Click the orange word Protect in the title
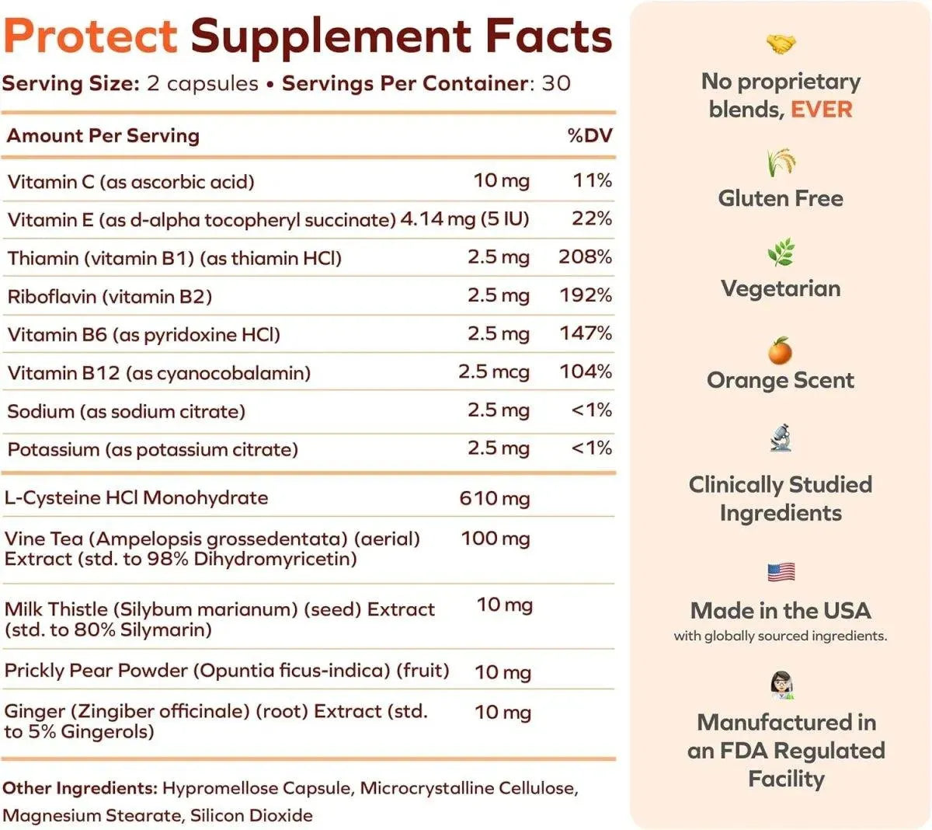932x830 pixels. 91,36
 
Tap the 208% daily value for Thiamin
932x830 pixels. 585,256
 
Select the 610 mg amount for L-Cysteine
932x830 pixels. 495,497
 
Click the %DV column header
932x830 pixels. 589,135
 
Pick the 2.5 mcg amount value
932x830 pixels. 494,371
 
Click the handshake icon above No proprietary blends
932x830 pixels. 781,44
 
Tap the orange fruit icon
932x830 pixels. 780,351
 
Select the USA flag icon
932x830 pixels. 781,573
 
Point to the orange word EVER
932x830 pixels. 821,110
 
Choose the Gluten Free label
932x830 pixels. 781,198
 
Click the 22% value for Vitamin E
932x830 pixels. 591,218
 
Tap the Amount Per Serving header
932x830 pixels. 103,135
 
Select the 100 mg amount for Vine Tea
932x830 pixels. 496,538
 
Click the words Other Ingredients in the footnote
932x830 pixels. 80,788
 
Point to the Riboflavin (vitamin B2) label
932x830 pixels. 110,296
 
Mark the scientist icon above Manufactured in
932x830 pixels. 781,685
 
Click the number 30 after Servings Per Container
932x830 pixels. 556,83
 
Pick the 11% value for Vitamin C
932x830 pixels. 592,180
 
